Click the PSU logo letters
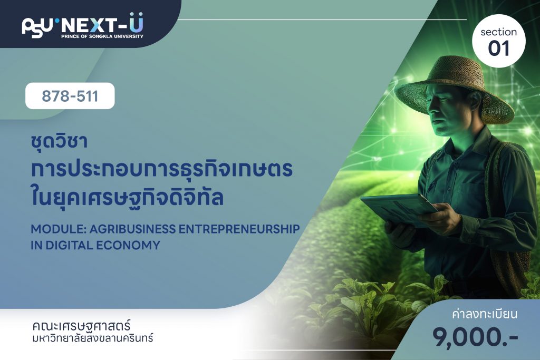tap(37, 26)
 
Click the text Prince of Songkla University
tap(102, 36)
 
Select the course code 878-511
tap(70, 96)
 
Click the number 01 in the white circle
tap(498, 48)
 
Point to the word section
tap(499, 32)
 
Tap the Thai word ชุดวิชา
tap(59, 141)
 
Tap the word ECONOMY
tap(128, 245)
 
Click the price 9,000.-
tap(475, 337)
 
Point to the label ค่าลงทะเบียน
tap(485, 314)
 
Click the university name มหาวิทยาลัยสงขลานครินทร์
tap(92, 338)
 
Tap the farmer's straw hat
tap(454, 88)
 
